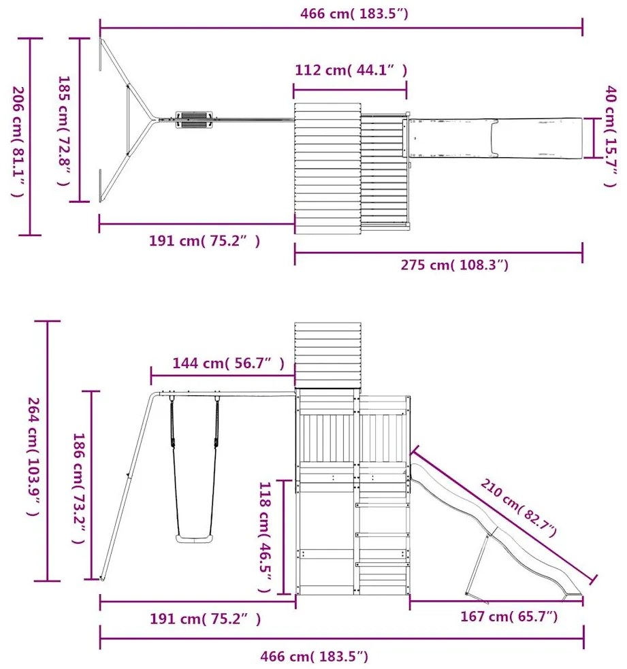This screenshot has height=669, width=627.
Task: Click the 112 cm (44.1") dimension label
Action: [x=351, y=70]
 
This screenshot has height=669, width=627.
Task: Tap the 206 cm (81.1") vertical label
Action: [x=18, y=142]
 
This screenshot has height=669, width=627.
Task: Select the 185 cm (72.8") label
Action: [x=63, y=131]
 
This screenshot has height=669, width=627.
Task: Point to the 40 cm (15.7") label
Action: [x=611, y=136]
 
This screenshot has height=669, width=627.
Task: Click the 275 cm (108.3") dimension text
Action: [x=455, y=265]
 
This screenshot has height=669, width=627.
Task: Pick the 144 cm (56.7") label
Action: [x=228, y=363]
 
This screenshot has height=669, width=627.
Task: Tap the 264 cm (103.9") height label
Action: [x=33, y=457]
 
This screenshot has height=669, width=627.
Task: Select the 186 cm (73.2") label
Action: [x=79, y=489]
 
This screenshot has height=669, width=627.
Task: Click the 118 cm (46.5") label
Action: [x=265, y=537]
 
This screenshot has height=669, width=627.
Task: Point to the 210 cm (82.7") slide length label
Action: [x=519, y=508]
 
